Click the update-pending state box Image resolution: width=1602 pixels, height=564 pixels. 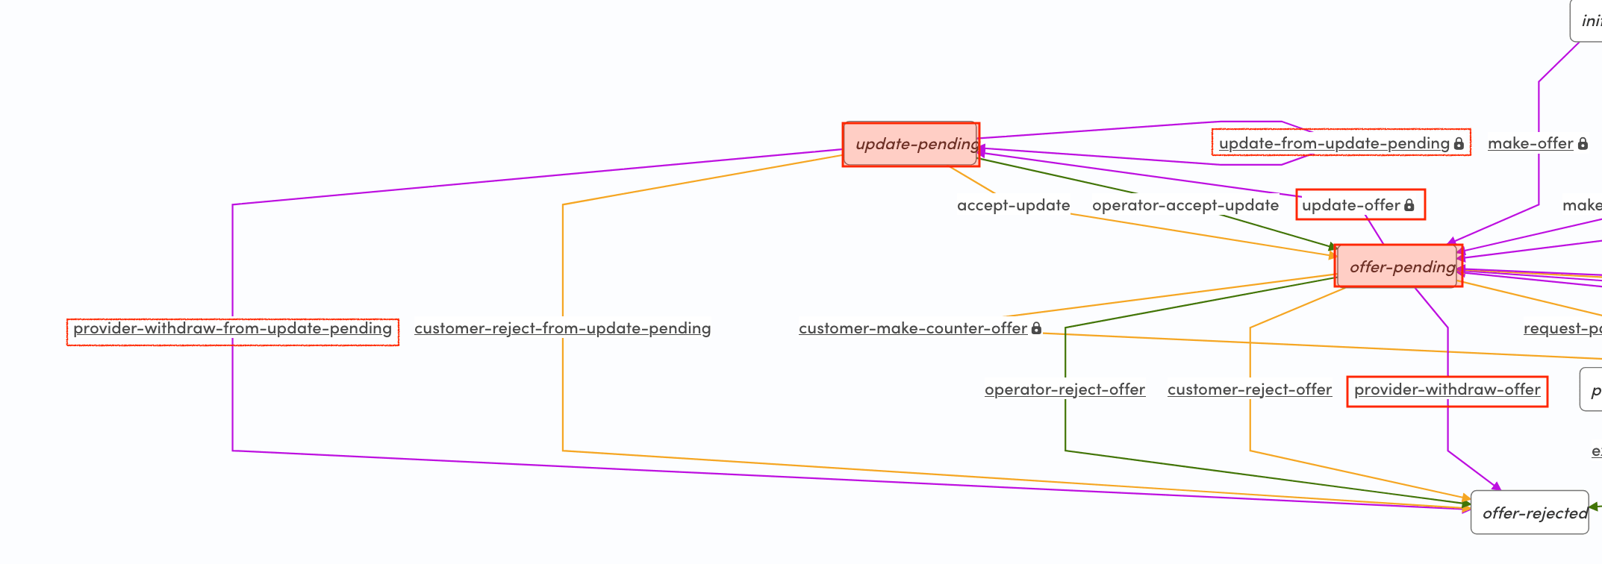coord(911,144)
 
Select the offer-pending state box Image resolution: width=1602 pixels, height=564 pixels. coord(1398,266)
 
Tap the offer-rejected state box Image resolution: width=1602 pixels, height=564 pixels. coord(1530,513)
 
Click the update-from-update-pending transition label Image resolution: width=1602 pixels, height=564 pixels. coord(1334,143)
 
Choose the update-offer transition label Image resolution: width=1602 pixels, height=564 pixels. coord(1350,205)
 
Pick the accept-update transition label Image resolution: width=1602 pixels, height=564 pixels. coord(1013,205)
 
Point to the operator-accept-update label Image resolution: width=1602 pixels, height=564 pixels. coord(1185,205)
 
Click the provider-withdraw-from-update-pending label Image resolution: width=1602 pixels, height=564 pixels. coord(232,328)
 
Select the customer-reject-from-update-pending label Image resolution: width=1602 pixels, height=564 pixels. coord(562,328)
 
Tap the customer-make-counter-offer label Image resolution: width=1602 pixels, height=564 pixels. coord(912,328)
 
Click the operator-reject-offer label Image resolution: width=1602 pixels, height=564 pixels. coord(1065,389)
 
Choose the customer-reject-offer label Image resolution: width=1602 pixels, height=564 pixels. coord(1249,389)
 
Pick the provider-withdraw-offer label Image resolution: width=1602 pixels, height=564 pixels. coord(1447,389)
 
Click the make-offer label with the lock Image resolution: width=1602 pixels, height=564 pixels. coord(1530,143)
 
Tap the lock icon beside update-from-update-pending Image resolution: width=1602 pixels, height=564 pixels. coord(1459,143)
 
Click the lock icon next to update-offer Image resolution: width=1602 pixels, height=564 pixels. coord(1409,205)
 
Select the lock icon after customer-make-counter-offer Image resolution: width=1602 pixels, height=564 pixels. coord(1036,328)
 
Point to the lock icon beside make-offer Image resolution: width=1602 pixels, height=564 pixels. coord(1583,143)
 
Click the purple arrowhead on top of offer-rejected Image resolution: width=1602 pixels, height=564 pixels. coord(1496,486)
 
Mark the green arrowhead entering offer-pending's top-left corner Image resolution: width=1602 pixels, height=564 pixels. coord(1333,246)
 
